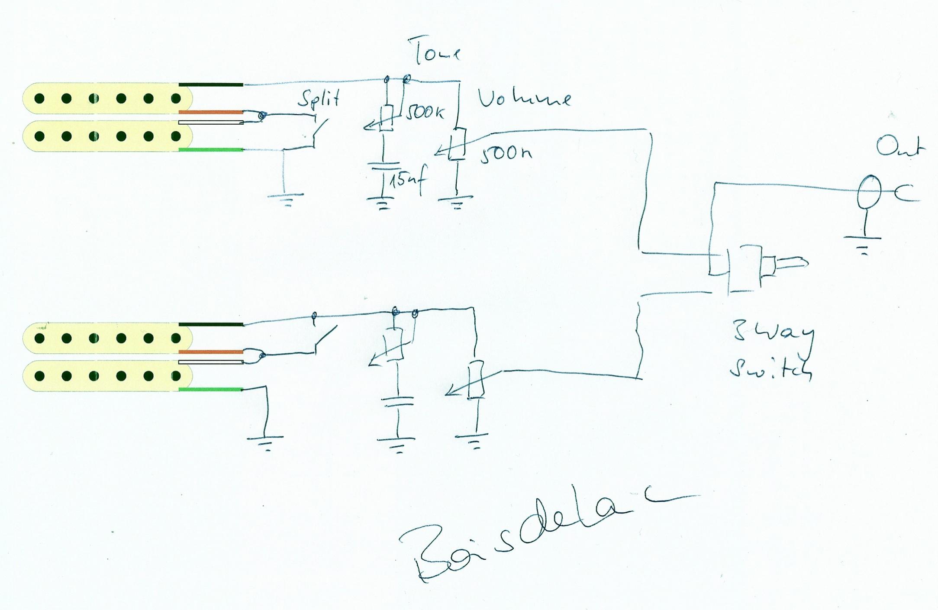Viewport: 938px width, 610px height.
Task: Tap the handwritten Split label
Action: (x=319, y=99)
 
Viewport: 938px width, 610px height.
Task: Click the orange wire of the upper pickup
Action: (x=211, y=112)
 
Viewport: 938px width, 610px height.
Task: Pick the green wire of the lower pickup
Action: (x=211, y=390)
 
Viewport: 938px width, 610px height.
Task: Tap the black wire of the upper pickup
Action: (x=211, y=84)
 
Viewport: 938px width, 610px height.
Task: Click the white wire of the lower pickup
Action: (x=211, y=362)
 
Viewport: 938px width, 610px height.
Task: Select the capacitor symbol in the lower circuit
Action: (x=397, y=402)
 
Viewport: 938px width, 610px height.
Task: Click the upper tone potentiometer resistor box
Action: (x=386, y=118)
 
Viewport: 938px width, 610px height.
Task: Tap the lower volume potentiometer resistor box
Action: (x=475, y=379)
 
